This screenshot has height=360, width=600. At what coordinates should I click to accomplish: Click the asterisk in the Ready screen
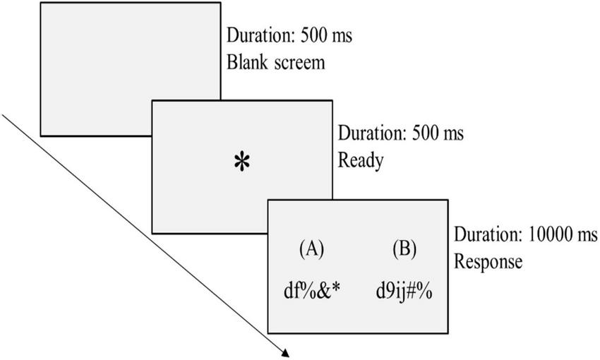pos(242,162)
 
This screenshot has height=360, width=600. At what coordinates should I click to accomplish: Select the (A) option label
pos(312,248)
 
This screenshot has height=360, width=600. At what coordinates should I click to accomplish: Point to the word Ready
pos(361,161)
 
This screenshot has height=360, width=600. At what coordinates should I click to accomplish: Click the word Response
pos(488,261)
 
